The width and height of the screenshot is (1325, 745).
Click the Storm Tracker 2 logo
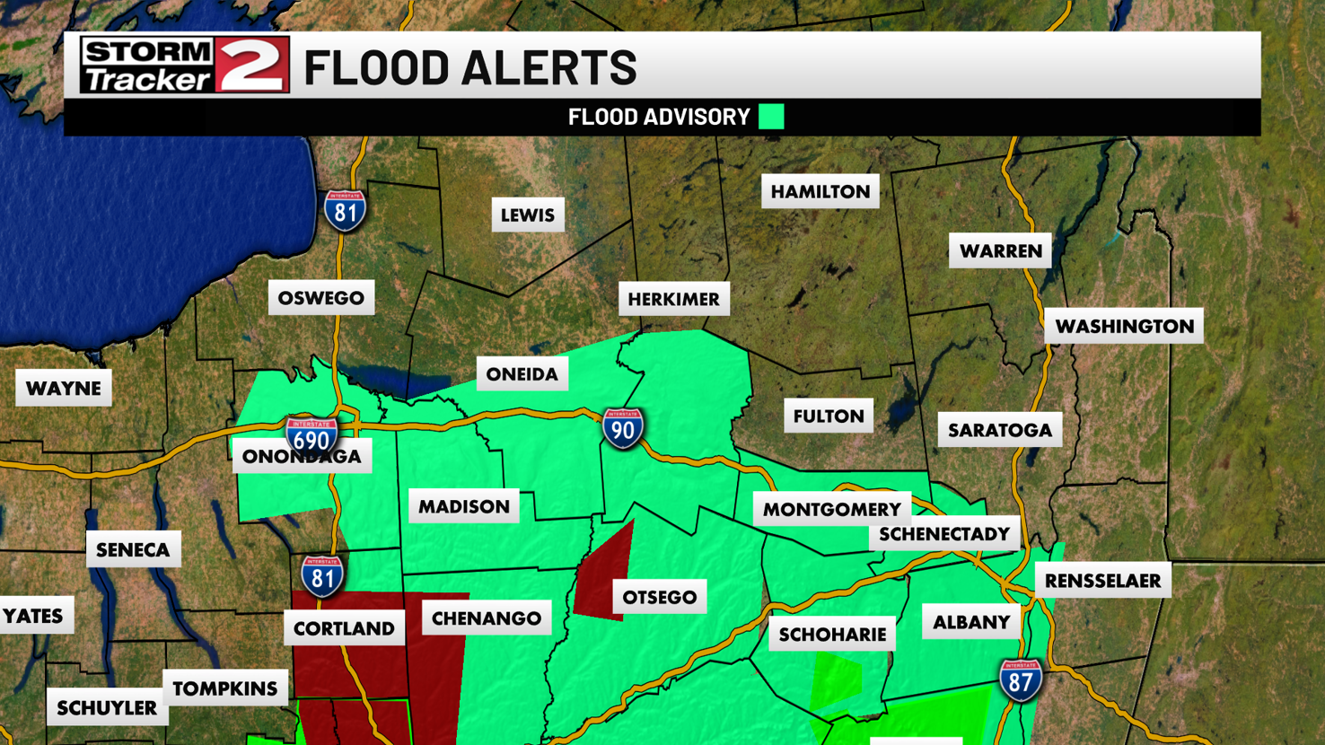pyautogui.click(x=184, y=65)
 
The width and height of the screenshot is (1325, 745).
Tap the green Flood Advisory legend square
pyautogui.click(x=771, y=117)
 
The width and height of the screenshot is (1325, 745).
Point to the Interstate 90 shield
pyautogui.click(x=622, y=428)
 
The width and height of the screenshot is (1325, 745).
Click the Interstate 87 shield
pyautogui.click(x=1020, y=680)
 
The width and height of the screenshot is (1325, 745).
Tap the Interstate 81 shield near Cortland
pyautogui.click(x=322, y=576)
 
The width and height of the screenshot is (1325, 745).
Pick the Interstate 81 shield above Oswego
pyautogui.click(x=345, y=211)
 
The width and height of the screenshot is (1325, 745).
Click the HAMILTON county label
pyautogui.click(x=820, y=191)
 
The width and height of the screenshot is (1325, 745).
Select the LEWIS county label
pyautogui.click(x=528, y=215)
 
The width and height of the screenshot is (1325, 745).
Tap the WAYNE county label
pyautogui.click(x=64, y=389)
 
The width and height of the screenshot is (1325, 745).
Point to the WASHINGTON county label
pyautogui.click(x=1124, y=327)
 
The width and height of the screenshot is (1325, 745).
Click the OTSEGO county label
pyautogui.click(x=660, y=598)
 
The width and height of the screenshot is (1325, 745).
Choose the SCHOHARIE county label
pyautogui.click(x=832, y=635)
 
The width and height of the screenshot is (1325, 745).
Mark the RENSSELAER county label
pyautogui.click(x=1102, y=581)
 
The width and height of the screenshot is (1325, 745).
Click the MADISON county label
pyautogui.click(x=464, y=507)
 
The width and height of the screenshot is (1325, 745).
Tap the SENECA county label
pyautogui.click(x=133, y=549)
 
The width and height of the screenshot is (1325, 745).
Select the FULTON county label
pyautogui.click(x=829, y=416)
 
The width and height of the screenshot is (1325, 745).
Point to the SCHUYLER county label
pyautogui.click(x=107, y=708)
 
